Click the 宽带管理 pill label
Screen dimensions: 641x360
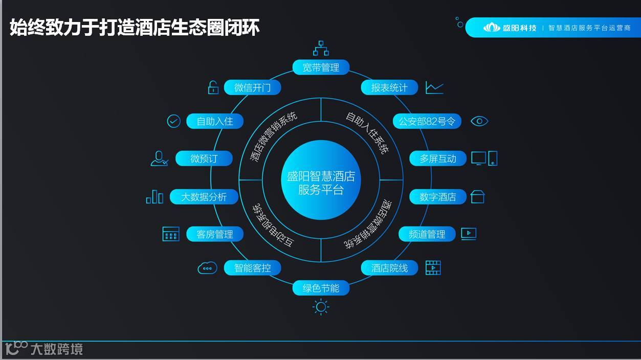click(x=321, y=67)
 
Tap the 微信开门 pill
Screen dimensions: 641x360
click(x=252, y=87)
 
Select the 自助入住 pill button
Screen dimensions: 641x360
click(x=215, y=121)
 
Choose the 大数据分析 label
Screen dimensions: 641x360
click(x=204, y=197)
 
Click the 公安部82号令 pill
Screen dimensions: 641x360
click(x=427, y=121)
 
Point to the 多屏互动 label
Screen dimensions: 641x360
click(x=438, y=159)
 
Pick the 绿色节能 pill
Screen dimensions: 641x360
click(x=321, y=288)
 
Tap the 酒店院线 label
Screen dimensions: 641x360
click(x=389, y=268)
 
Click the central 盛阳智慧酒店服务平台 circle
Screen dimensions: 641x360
click(x=321, y=180)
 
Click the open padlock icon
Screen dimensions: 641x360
click(x=213, y=87)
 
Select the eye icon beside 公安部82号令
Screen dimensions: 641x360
click(x=479, y=121)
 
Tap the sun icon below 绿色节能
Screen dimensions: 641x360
click(x=321, y=307)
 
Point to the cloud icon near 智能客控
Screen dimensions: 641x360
click(x=207, y=267)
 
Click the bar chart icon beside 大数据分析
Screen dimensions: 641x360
click(x=154, y=197)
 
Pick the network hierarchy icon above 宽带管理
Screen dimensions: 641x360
click(x=321, y=48)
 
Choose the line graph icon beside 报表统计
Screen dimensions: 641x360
click(x=434, y=88)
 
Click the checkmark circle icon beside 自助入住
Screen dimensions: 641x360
click(x=174, y=121)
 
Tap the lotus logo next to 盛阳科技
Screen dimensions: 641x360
click(x=492, y=28)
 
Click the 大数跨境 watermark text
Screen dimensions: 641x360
click(x=56, y=349)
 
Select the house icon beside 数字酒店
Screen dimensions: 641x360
click(x=477, y=197)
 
